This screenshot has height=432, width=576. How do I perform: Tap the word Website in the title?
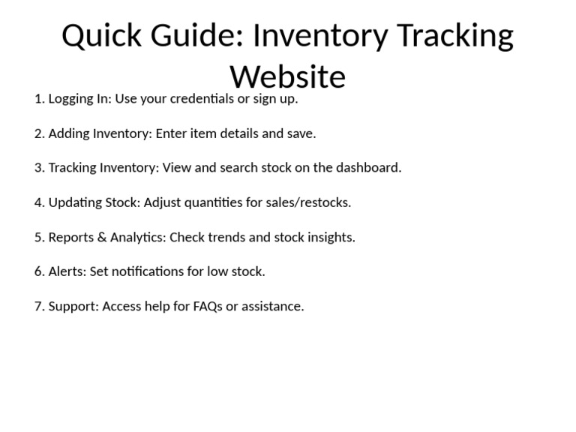[x=287, y=76]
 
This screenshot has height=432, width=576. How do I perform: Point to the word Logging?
[x=72, y=98]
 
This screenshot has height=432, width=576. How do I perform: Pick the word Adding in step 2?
[x=68, y=133]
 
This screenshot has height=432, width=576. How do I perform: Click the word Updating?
[x=76, y=202]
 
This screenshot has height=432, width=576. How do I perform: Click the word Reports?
[x=71, y=237]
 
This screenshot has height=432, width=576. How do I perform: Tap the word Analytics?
[x=137, y=237]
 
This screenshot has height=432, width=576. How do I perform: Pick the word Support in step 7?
[x=73, y=306]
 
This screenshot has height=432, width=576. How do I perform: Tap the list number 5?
[x=39, y=237]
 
